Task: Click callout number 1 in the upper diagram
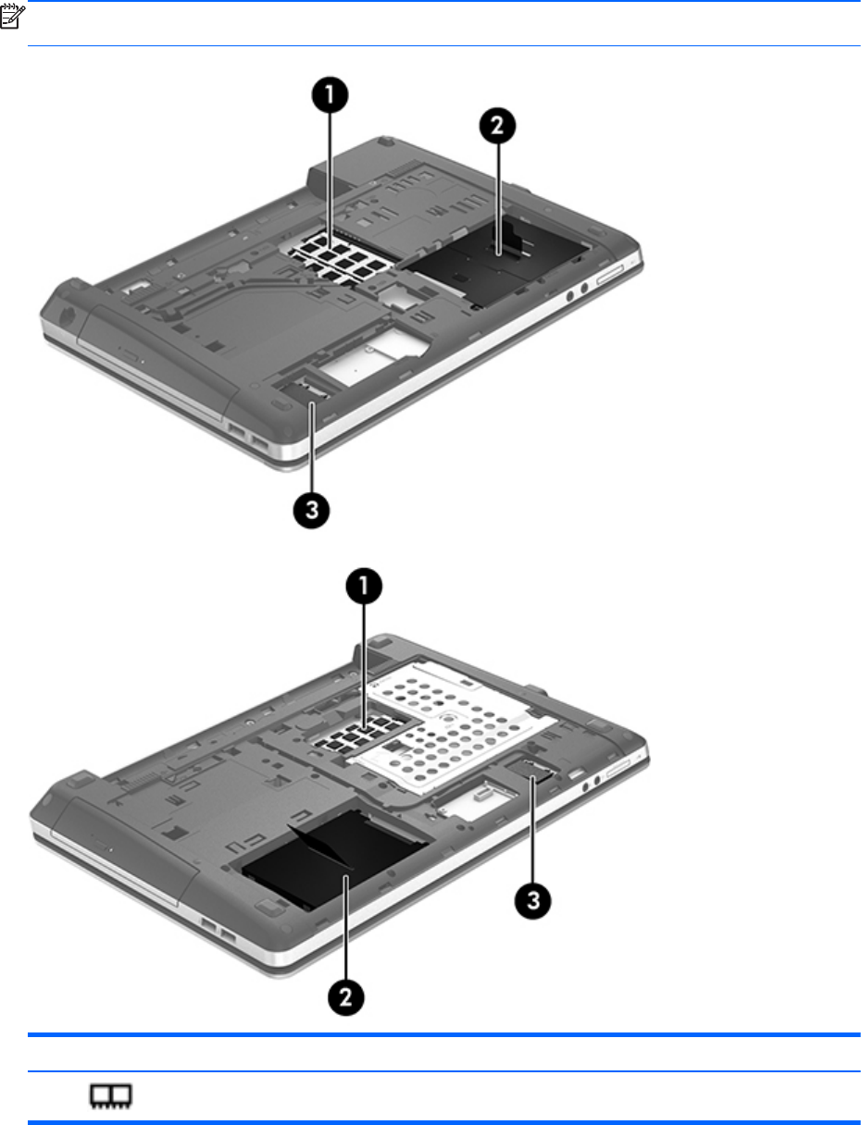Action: click(x=330, y=95)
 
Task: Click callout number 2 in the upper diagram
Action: click(x=497, y=126)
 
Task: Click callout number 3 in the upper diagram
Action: click(x=311, y=510)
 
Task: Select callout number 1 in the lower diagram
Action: click(x=364, y=587)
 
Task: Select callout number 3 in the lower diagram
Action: click(x=533, y=900)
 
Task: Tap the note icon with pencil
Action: click(x=12, y=18)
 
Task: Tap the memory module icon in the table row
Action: click(x=111, y=1095)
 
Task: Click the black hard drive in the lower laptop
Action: click(x=333, y=856)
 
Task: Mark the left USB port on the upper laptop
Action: click(x=236, y=430)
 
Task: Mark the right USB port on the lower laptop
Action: click(x=228, y=937)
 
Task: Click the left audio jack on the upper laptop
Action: click(x=569, y=296)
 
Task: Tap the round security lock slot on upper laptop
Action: click(x=66, y=315)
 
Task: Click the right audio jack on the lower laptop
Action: click(x=597, y=781)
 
